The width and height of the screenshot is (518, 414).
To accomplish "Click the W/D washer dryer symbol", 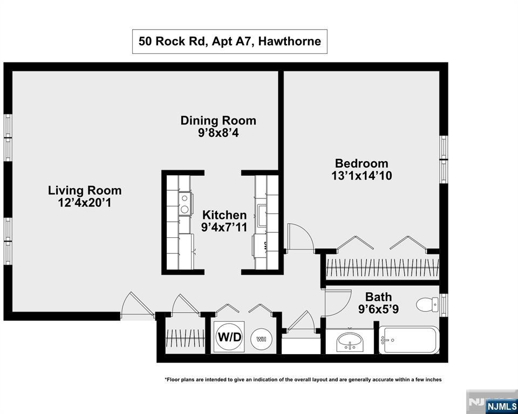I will (229, 337).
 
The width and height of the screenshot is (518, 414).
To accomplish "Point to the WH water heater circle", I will (261, 339).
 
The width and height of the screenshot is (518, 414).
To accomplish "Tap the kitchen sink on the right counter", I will (261, 216).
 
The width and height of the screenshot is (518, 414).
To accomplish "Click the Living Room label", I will (85, 190).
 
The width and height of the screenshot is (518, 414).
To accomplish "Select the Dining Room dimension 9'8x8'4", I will (218, 133).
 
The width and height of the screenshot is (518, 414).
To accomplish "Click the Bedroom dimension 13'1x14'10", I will (361, 176).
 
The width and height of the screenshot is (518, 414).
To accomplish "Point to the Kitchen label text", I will (224, 215).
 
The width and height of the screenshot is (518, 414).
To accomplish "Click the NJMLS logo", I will (501, 406).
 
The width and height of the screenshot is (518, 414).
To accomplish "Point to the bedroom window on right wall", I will (444, 160).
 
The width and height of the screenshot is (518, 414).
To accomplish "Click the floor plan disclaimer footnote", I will (303, 379).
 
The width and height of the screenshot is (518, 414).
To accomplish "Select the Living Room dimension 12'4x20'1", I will (85, 203).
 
